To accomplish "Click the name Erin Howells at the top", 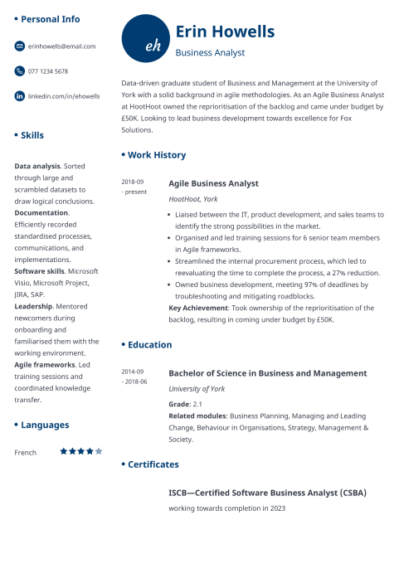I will [225, 32].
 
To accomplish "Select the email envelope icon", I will [20, 46].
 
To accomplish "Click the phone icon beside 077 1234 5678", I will [20, 71].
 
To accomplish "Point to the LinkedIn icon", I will [20, 96].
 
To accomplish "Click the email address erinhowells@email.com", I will [62, 46].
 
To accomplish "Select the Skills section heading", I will [32, 135].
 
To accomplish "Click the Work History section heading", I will [157, 155].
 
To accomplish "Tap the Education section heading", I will [150, 344].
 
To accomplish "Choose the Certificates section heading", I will [153, 464].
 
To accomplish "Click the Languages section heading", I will [45, 425].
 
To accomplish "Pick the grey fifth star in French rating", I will [99, 451].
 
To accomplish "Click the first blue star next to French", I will [63, 451].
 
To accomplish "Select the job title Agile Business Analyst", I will [213, 183].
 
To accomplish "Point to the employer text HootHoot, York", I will [193, 199].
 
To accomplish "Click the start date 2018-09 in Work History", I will [133, 182].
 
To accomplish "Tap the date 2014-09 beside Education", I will [133, 372].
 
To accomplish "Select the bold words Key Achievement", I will [197, 307].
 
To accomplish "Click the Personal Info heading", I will [51, 18].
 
